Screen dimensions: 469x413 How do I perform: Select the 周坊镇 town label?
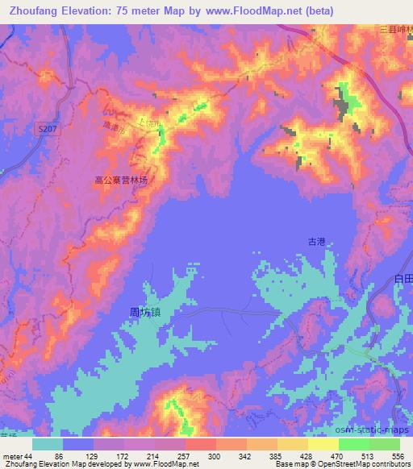tap(150, 309)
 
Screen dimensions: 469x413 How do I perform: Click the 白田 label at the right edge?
tap(403, 277)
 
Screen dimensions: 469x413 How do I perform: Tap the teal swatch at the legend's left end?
tap(48, 444)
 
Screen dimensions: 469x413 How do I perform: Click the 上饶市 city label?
tap(150, 122)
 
